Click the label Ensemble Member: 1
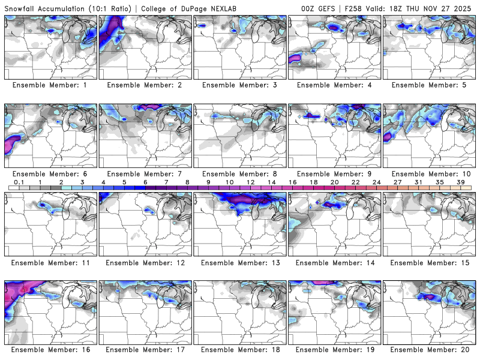[x=50, y=85]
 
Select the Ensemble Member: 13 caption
[x=239, y=263]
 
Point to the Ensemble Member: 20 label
[x=429, y=349]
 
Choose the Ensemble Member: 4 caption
[x=334, y=85]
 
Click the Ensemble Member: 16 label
[x=50, y=349]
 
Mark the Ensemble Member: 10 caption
[x=429, y=174]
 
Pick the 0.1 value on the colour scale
[x=19, y=182]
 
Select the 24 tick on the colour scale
[x=376, y=182]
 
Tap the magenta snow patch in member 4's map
[x=295, y=58]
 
